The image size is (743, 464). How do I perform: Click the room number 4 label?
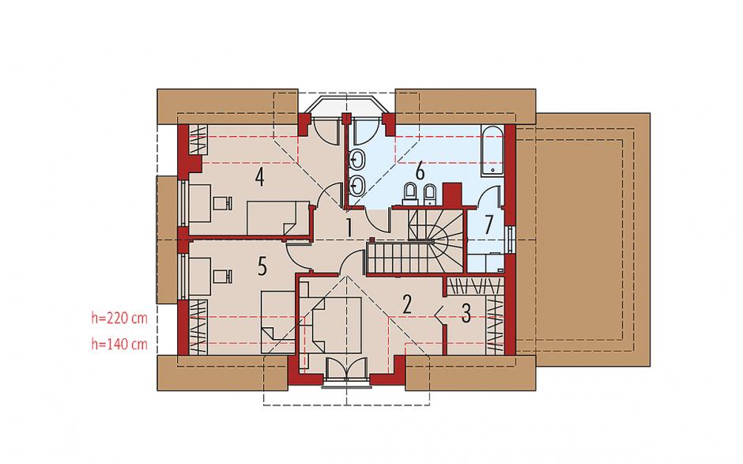click(259, 177)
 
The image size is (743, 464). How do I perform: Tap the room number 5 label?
click(262, 266)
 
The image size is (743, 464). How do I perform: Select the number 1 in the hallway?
click(349, 228)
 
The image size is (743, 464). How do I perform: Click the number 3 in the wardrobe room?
click(466, 313)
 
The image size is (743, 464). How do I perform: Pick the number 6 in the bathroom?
click(420, 171)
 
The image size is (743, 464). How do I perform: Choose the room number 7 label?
click(488, 225)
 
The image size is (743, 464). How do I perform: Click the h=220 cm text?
click(119, 318)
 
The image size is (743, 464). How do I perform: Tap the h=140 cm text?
click(119, 344)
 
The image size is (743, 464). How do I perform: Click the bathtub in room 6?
click(492, 149)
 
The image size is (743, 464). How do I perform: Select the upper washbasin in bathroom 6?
click(356, 160)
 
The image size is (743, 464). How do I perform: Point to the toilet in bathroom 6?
click(410, 194)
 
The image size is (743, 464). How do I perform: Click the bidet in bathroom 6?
click(429, 194)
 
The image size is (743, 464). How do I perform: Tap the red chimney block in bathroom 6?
click(453, 194)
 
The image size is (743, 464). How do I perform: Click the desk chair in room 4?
click(222, 203)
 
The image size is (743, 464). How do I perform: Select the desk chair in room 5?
click(222, 276)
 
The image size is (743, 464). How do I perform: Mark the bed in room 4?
click(278, 217)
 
